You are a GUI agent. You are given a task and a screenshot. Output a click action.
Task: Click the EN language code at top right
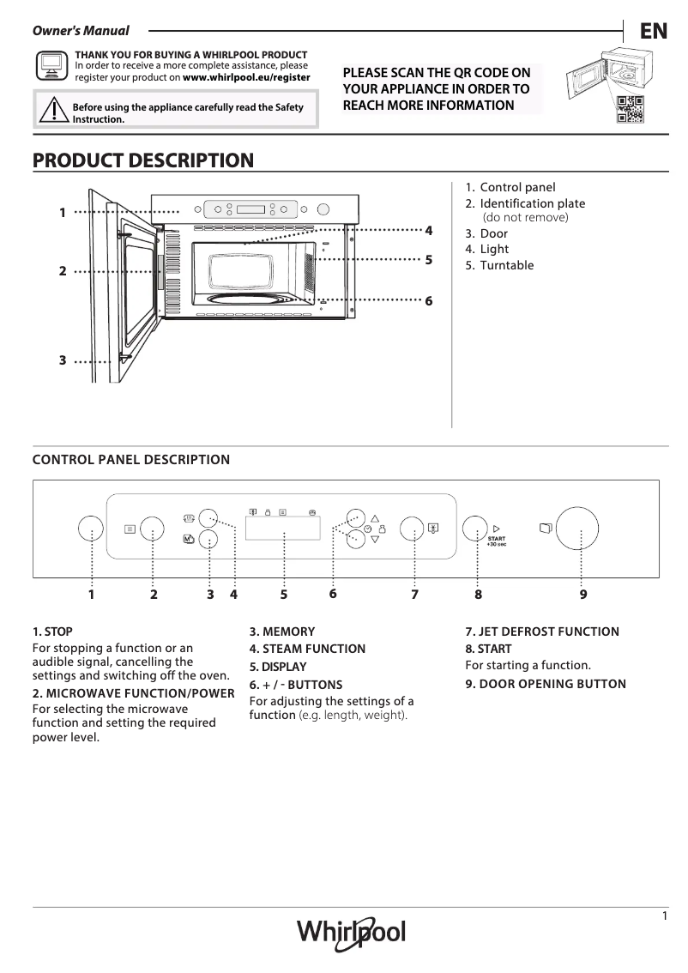[x=653, y=32]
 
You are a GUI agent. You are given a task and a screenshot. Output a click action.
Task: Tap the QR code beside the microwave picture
[x=629, y=109]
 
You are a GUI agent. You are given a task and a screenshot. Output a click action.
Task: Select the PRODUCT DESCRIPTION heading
[x=142, y=160]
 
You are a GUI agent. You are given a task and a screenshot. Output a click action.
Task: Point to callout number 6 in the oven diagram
[x=428, y=301]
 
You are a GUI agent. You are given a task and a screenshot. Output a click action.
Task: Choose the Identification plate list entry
[x=532, y=203]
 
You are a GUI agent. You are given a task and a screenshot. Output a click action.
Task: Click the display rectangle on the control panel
[x=283, y=529]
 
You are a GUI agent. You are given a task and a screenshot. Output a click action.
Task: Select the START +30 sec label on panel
[x=496, y=541]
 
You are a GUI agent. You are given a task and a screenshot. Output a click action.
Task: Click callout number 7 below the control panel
[x=414, y=594]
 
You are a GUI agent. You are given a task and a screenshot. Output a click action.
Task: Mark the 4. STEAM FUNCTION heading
[x=307, y=649]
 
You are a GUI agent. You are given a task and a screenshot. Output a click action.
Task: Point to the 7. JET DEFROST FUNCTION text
[x=542, y=632]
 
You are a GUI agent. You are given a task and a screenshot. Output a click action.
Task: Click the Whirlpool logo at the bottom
[x=351, y=932]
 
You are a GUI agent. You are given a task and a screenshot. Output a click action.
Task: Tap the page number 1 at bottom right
[x=665, y=916]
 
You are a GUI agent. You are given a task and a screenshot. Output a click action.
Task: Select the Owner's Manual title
[x=81, y=32]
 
